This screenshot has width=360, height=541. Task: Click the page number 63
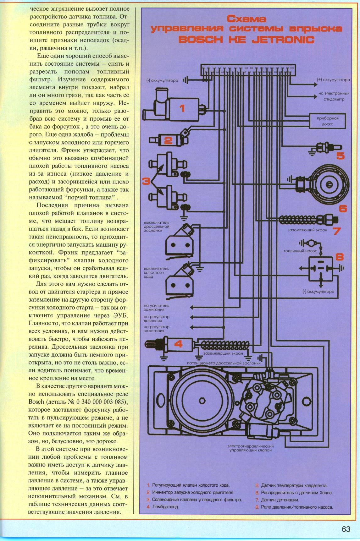point(346,529)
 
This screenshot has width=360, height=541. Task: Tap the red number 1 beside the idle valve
point(182,108)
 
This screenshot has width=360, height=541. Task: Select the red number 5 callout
point(341,156)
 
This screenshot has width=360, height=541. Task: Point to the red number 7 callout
point(337,231)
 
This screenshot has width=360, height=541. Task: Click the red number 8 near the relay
point(340,257)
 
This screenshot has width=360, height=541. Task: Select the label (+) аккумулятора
point(334,80)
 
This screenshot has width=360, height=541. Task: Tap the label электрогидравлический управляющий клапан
point(250,448)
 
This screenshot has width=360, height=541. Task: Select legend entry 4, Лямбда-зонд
point(163,507)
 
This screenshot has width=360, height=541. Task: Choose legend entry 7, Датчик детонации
point(277,500)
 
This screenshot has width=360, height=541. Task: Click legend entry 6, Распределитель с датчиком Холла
point(294,493)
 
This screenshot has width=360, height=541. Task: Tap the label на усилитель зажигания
point(157,307)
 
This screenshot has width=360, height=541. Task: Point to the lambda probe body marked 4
point(176,345)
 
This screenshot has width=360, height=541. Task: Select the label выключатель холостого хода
point(156,273)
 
